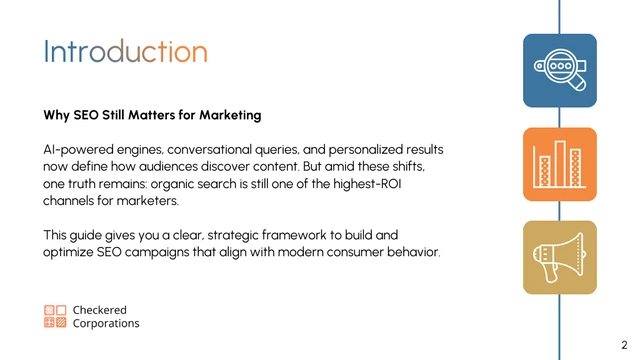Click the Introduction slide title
pyautogui.click(x=125, y=52)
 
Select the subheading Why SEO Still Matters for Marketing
pyautogui.click(x=152, y=115)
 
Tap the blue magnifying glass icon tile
pyautogui.click(x=560, y=70)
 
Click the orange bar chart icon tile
pyautogui.click(x=560, y=164)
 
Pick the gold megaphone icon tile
pyautogui.click(x=560, y=257)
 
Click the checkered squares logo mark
pyautogui.click(x=55, y=317)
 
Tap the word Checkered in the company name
pyautogui.click(x=100, y=310)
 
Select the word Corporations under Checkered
pyautogui.click(x=106, y=324)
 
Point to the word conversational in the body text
pyautogui.click(x=215, y=149)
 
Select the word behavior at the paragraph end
pyautogui.click(x=412, y=252)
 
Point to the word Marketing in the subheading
pyautogui.click(x=227, y=115)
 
